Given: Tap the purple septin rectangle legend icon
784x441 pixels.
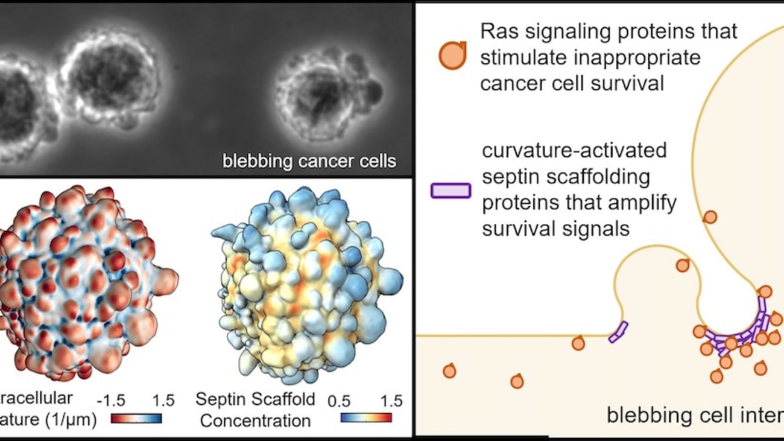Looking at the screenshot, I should click(x=450, y=191).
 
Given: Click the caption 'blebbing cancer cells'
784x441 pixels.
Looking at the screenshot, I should click(x=309, y=161).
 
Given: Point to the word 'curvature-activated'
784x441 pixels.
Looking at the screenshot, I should click(x=574, y=150).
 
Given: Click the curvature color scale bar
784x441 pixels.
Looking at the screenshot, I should click(x=137, y=418).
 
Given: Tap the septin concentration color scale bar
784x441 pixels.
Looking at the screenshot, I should click(x=365, y=417).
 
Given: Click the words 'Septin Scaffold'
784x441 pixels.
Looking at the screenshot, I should click(x=255, y=399).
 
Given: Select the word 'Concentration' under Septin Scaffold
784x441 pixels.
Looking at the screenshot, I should click(x=255, y=420).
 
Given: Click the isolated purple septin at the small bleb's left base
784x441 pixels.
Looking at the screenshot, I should click(x=618, y=332).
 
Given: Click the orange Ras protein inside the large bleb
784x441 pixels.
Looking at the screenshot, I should click(x=710, y=217).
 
